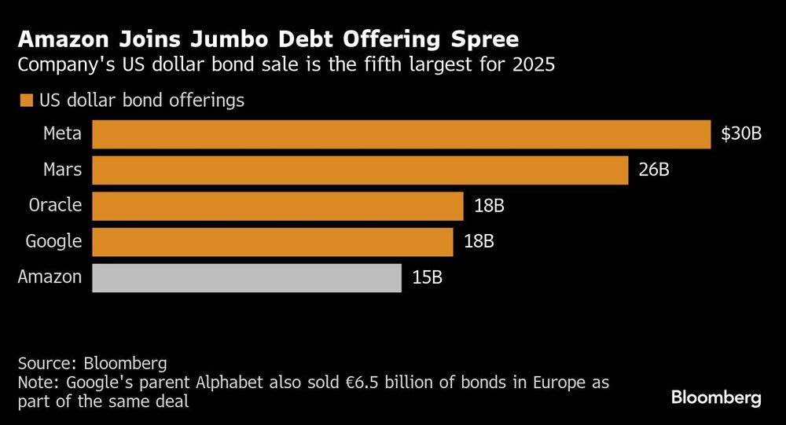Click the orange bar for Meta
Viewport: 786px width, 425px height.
[x=401, y=134]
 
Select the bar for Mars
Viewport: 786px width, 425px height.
[x=360, y=170]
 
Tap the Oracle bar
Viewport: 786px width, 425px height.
[x=277, y=206]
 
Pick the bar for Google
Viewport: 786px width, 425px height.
[x=273, y=242]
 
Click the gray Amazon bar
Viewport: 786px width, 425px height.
[x=247, y=278]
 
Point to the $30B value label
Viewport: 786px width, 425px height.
[x=741, y=134]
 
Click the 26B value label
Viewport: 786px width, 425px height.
[x=653, y=170]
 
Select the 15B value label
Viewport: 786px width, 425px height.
[x=427, y=278]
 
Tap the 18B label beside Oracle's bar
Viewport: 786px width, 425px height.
[x=488, y=206]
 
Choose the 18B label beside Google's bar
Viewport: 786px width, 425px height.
[x=479, y=242]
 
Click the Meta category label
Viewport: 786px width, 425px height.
[x=62, y=134]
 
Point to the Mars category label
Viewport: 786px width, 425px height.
[x=63, y=170]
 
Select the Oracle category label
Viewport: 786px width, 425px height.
[x=55, y=206]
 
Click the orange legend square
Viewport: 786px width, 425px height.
[x=26, y=101]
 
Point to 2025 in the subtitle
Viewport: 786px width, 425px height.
[x=535, y=65]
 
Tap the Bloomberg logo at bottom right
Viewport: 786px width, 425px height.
[x=716, y=398]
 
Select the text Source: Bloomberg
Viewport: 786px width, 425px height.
[x=92, y=364]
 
